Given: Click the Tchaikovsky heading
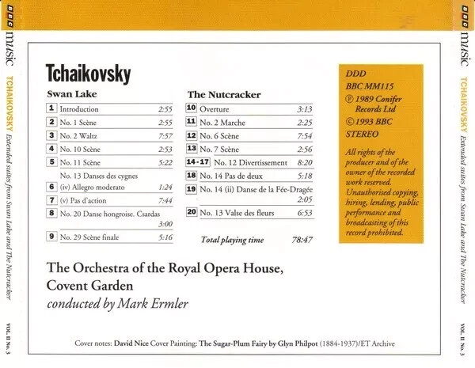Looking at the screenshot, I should [89, 74].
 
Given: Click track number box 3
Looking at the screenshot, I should [51, 135].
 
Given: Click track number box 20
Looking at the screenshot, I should [192, 212].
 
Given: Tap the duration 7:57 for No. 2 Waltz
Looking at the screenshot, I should [164, 136].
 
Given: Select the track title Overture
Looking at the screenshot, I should [214, 109].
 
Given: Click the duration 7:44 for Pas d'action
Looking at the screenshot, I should [164, 200].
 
